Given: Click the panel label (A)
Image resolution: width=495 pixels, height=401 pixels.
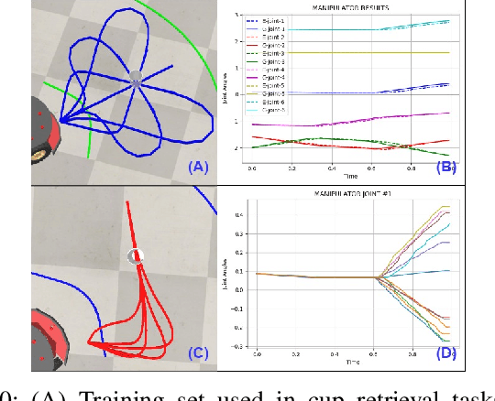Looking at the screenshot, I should point(199,167).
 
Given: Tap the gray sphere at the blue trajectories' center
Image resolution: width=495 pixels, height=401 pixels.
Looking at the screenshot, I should point(136,79).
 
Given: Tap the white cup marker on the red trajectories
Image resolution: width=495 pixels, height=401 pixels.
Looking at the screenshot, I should point(136,256).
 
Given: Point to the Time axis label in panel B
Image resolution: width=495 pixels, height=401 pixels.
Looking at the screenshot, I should point(351,177).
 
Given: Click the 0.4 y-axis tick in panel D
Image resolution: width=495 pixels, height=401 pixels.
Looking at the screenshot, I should point(239,216).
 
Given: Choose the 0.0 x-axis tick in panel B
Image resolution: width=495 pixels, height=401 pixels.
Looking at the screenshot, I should point(250,168).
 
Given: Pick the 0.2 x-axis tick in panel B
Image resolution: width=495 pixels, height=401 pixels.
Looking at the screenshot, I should point(291,168).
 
